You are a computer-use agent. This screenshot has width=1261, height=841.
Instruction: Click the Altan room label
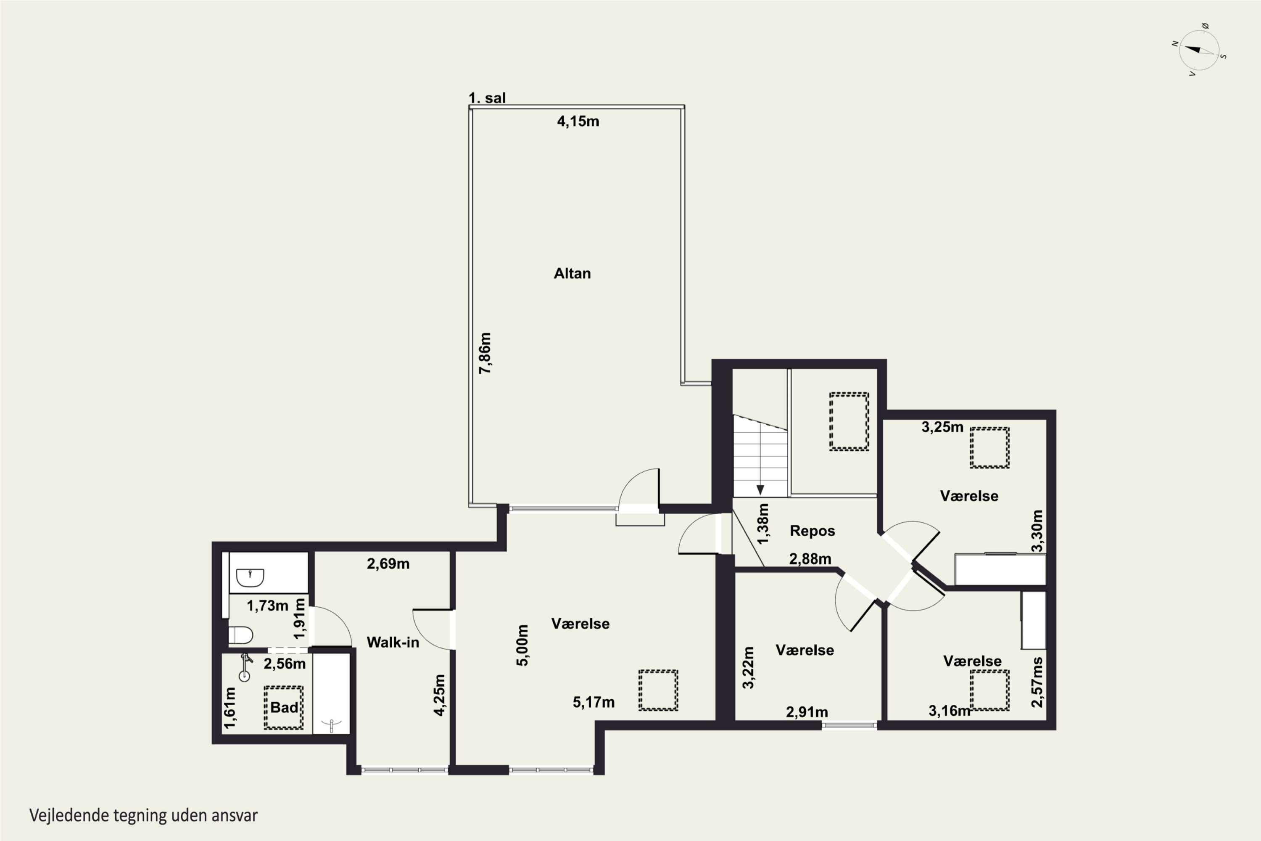572,274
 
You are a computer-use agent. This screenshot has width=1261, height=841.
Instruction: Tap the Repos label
812,531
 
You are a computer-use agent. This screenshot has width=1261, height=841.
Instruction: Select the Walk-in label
393,643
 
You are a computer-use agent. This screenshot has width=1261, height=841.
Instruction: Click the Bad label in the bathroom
284,707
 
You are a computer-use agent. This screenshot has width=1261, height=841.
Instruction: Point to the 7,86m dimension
485,353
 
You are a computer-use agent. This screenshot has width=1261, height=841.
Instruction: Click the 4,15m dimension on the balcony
578,121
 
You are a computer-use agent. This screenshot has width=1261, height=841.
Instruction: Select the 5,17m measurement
594,702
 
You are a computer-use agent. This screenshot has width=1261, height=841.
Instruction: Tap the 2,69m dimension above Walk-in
388,564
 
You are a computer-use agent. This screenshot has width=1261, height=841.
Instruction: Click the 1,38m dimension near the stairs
763,524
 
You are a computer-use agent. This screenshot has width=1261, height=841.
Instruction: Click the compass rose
1199,50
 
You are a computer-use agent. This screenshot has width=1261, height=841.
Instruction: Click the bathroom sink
250,578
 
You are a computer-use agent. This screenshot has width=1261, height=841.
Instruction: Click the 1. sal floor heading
487,98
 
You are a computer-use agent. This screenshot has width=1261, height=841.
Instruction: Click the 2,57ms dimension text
1037,682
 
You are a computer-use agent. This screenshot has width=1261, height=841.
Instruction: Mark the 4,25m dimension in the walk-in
439,695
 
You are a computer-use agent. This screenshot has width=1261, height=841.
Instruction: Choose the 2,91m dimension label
807,712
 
